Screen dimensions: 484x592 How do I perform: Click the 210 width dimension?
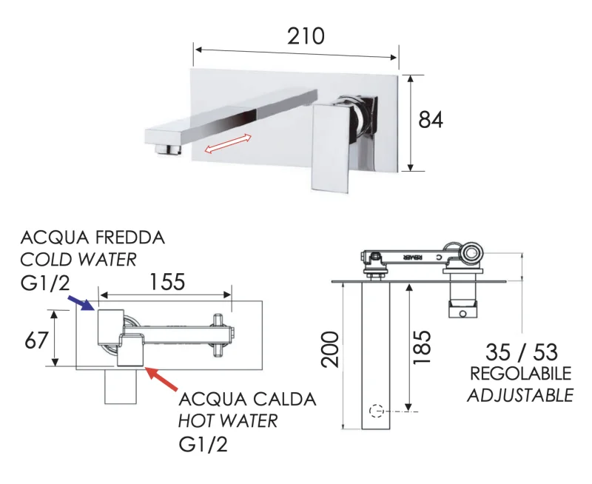[306, 35]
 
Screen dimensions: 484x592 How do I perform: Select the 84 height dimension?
[431, 119]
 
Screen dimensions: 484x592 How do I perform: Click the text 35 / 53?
[521, 351]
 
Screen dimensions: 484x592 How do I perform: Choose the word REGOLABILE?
[521, 373]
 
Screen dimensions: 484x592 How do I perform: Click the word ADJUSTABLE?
[520, 394]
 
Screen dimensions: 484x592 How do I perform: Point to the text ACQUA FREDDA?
[93, 238]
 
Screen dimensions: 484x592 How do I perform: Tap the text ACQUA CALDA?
[248, 400]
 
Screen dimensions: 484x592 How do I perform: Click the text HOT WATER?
[229, 421]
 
